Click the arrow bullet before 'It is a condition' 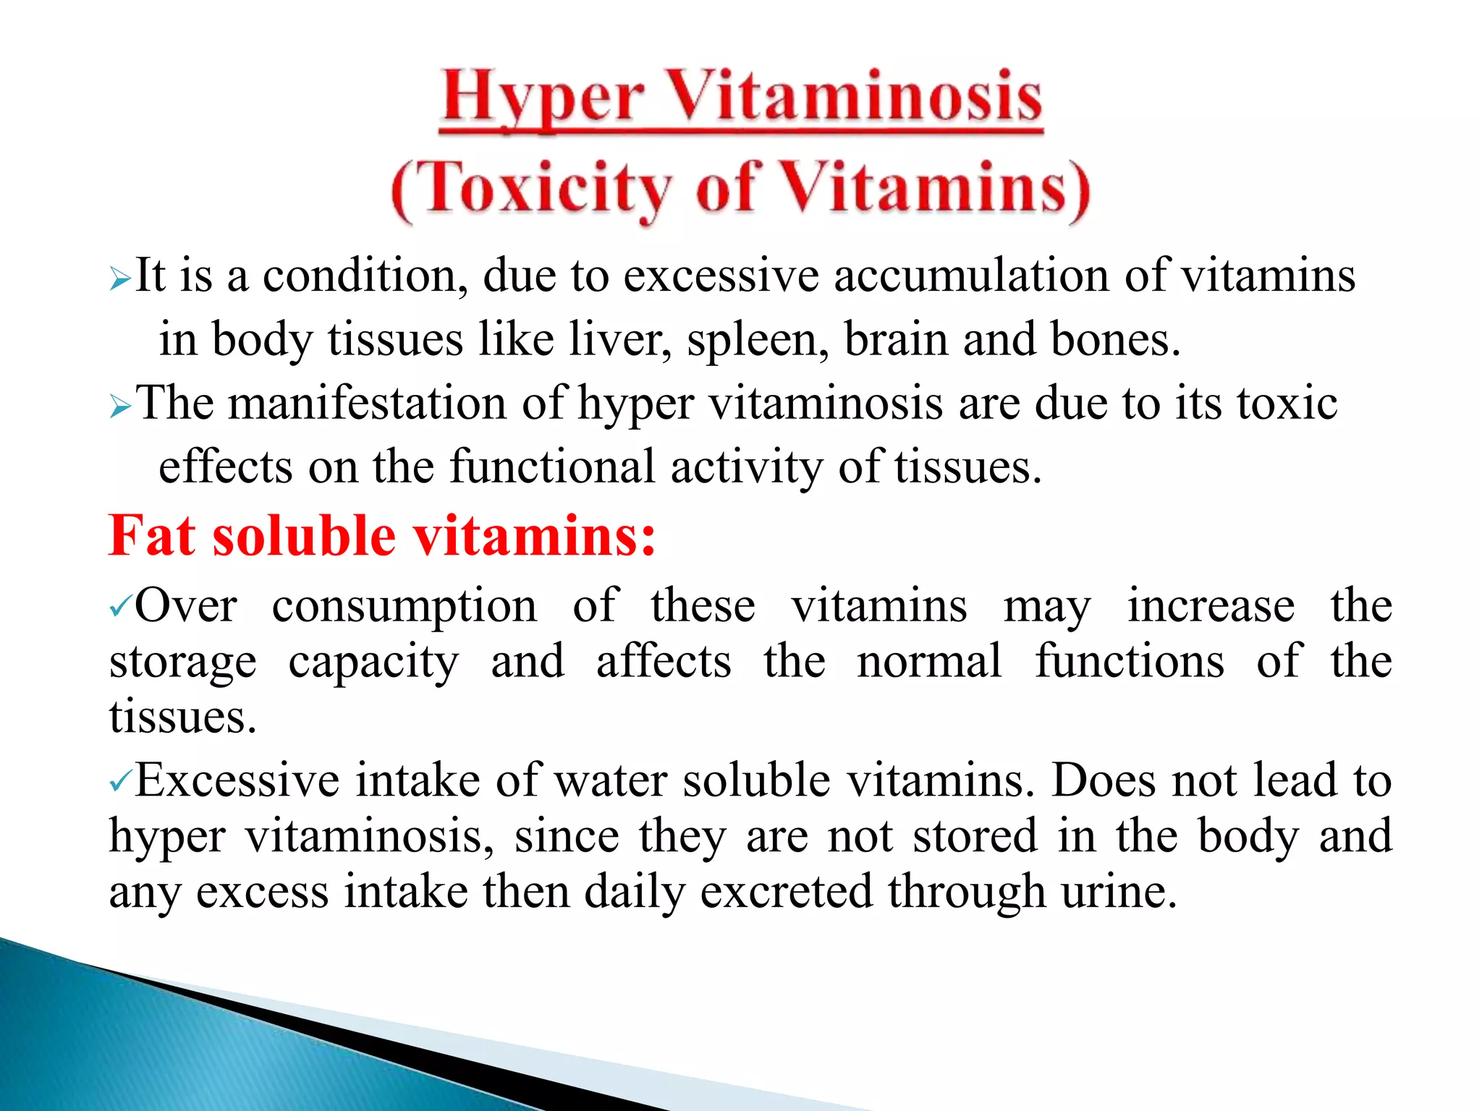coord(120,278)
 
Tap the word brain coord(896,340)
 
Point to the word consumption coord(405,607)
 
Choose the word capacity coord(373,663)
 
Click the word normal coord(930,661)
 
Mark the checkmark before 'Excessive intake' coord(120,781)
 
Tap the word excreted coord(786,892)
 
